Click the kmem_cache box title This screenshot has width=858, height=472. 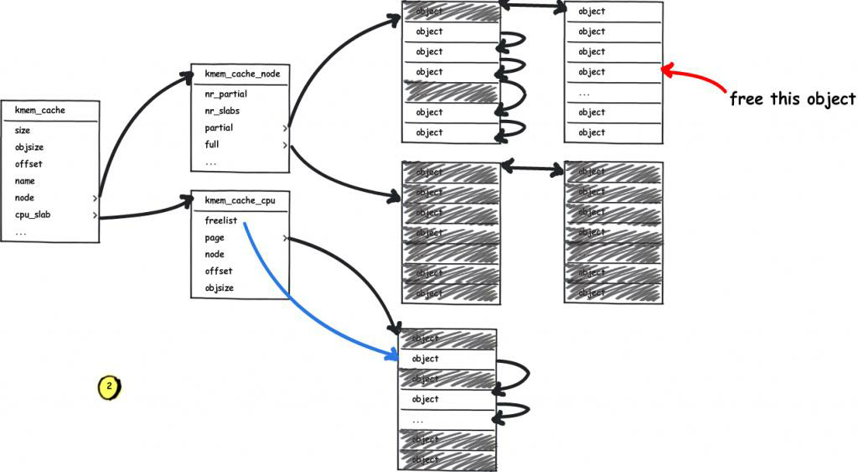pyautogui.click(x=40, y=110)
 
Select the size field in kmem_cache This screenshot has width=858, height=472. pyautogui.click(x=23, y=131)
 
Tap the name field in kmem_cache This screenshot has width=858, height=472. pyautogui.click(x=25, y=181)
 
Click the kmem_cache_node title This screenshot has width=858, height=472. pyautogui.click(x=242, y=74)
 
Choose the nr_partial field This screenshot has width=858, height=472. pyautogui.click(x=225, y=95)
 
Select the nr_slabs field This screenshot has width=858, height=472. pyautogui.click(x=223, y=112)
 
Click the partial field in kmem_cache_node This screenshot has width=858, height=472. pyautogui.click(x=219, y=128)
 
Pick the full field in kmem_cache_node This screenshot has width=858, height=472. pyautogui.click(x=212, y=145)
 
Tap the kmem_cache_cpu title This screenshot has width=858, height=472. pyautogui.click(x=240, y=200)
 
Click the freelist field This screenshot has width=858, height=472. pyautogui.click(x=221, y=220)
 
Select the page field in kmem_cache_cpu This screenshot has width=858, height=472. pyautogui.click(x=214, y=238)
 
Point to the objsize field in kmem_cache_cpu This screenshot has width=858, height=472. pyautogui.click(x=220, y=288)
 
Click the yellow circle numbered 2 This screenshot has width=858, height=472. pyautogui.click(x=109, y=386)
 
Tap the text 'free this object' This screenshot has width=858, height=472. pyautogui.click(x=793, y=99)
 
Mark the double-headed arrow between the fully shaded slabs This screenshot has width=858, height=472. pyautogui.click(x=532, y=169)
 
